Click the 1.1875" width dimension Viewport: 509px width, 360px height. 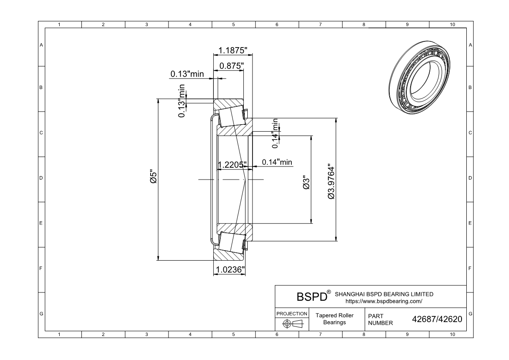pyautogui.click(x=233, y=50)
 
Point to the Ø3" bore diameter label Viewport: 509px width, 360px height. pyautogui.click(x=306, y=183)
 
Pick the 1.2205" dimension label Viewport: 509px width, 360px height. pyautogui.click(x=233, y=165)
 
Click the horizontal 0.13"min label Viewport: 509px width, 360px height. pyautogui.click(x=187, y=74)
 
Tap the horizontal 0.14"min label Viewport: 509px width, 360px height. pyautogui.click(x=277, y=162)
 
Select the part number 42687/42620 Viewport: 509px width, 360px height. pyautogui.click(x=437, y=319)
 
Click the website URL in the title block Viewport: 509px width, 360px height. pyautogui.click(x=384, y=301)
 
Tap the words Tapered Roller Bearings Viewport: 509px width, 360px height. pyautogui.click(x=334, y=319)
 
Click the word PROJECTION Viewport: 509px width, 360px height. pyautogui.click(x=292, y=314)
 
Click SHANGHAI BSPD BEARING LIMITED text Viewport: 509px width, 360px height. pyautogui.click(x=384, y=294)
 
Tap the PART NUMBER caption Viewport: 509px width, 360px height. pyautogui.click(x=380, y=319)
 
